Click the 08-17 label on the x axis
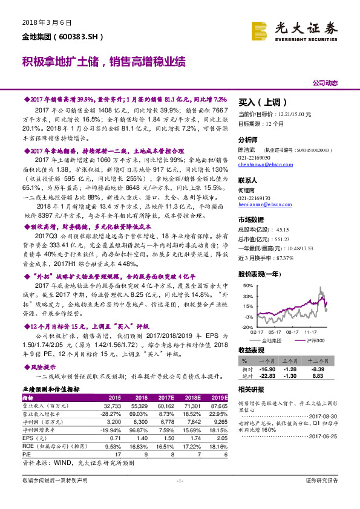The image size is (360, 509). (293, 332)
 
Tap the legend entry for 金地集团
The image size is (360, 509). (274, 340)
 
